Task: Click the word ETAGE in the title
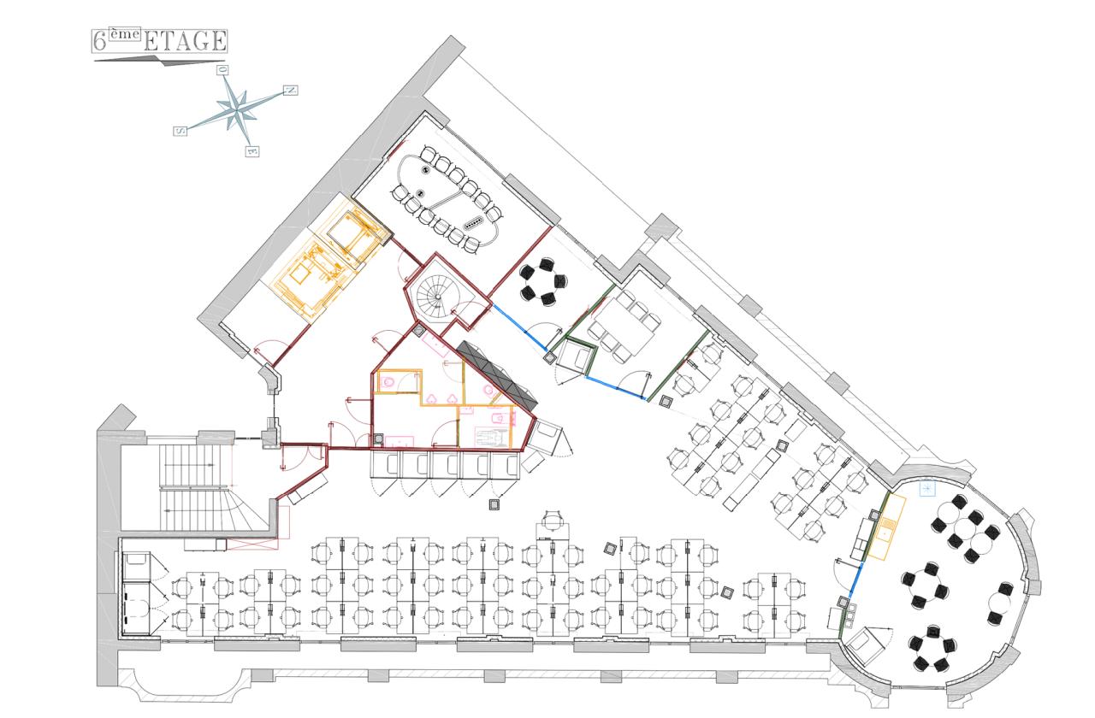tap(185, 41)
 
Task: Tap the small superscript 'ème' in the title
tap(124, 33)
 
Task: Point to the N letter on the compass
tap(291, 91)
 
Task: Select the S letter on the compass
tap(181, 131)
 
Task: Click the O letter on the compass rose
tap(223, 70)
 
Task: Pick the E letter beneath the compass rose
tap(252, 151)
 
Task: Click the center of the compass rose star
tap(238, 110)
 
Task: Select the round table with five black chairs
tap(542, 282)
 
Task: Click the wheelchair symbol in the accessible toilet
tap(492, 437)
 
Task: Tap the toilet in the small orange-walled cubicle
tap(388, 382)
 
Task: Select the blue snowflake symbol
tap(927, 488)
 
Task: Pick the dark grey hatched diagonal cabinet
tap(497, 375)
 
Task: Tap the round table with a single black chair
tap(1000, 603)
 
